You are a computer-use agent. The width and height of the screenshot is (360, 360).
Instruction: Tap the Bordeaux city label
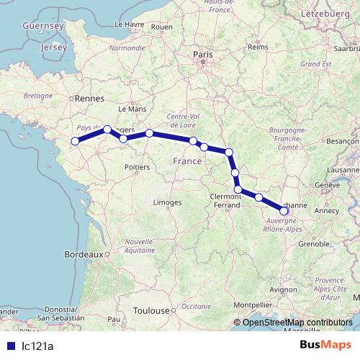coord(83,254)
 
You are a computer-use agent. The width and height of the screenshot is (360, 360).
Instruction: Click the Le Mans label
coord(137,108)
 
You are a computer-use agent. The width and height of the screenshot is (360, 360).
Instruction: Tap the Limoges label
coord(166,203)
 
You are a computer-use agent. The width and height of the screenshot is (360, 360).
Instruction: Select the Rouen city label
coord(162,27)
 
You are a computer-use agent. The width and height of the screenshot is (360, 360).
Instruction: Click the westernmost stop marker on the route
coord(74,140)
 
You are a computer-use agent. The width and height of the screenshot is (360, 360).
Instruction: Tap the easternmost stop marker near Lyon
coord(284,211)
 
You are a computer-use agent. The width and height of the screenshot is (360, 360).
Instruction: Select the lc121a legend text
coord(37,346)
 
